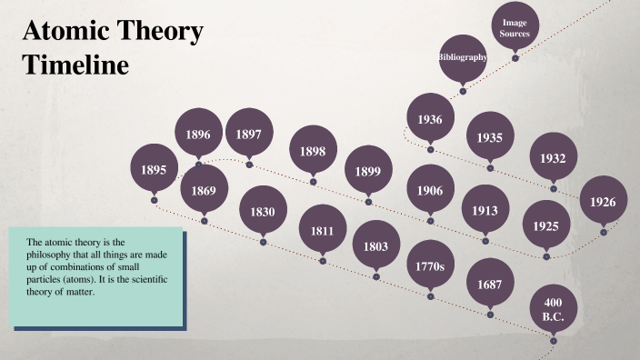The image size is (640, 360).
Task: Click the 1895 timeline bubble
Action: point(154,169)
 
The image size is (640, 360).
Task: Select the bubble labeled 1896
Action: point(198,135)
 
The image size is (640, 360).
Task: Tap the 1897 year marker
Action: point(249,135)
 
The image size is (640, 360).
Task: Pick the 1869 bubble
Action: point(204,190)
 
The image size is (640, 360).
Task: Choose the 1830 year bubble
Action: point(263,213)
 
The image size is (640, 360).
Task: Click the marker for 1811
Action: point(322,231)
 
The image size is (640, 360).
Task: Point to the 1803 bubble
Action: point(376,246)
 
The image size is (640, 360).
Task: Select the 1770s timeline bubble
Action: point(430,266)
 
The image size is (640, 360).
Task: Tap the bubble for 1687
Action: point(490,285)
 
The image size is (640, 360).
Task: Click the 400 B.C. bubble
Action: point(553,309)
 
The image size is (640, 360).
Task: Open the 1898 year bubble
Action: point(313,151)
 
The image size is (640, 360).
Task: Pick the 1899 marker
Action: point(368,171)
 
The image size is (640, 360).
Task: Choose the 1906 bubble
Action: point(430,191)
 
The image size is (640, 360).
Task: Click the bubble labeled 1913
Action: point(485,211)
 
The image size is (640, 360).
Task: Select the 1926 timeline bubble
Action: point(602,202)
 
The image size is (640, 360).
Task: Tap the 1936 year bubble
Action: point(430,120)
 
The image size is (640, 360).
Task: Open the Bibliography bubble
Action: point(463,57)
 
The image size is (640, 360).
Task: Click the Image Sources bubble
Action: point(515,27)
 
